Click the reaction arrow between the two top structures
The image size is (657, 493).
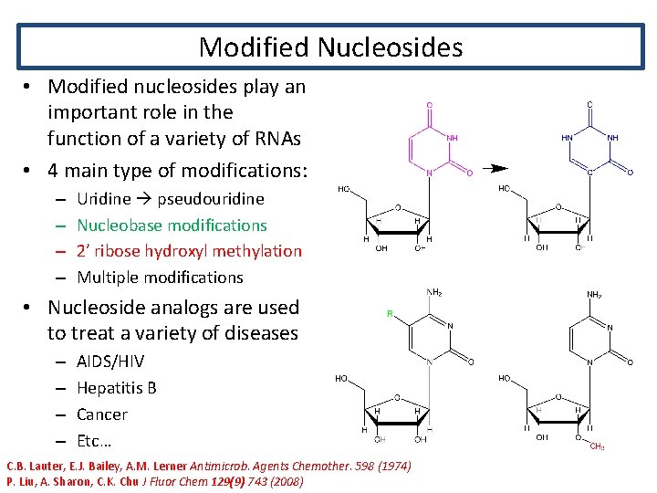point(495,169)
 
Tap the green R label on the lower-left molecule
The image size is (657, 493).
point(391,313)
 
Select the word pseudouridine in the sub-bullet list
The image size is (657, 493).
point(211,198)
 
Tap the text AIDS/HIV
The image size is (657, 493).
point(110,362)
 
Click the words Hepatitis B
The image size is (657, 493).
point(117,388)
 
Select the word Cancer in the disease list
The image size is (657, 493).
point(102,414)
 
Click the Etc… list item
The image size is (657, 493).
point(94,441)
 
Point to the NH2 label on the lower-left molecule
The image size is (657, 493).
point(435,293)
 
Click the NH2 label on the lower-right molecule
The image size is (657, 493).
point(594,295)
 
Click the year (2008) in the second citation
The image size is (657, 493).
point(283,481)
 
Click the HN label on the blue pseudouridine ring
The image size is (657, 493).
point(568,138)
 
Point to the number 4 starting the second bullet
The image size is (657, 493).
point(54,171)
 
